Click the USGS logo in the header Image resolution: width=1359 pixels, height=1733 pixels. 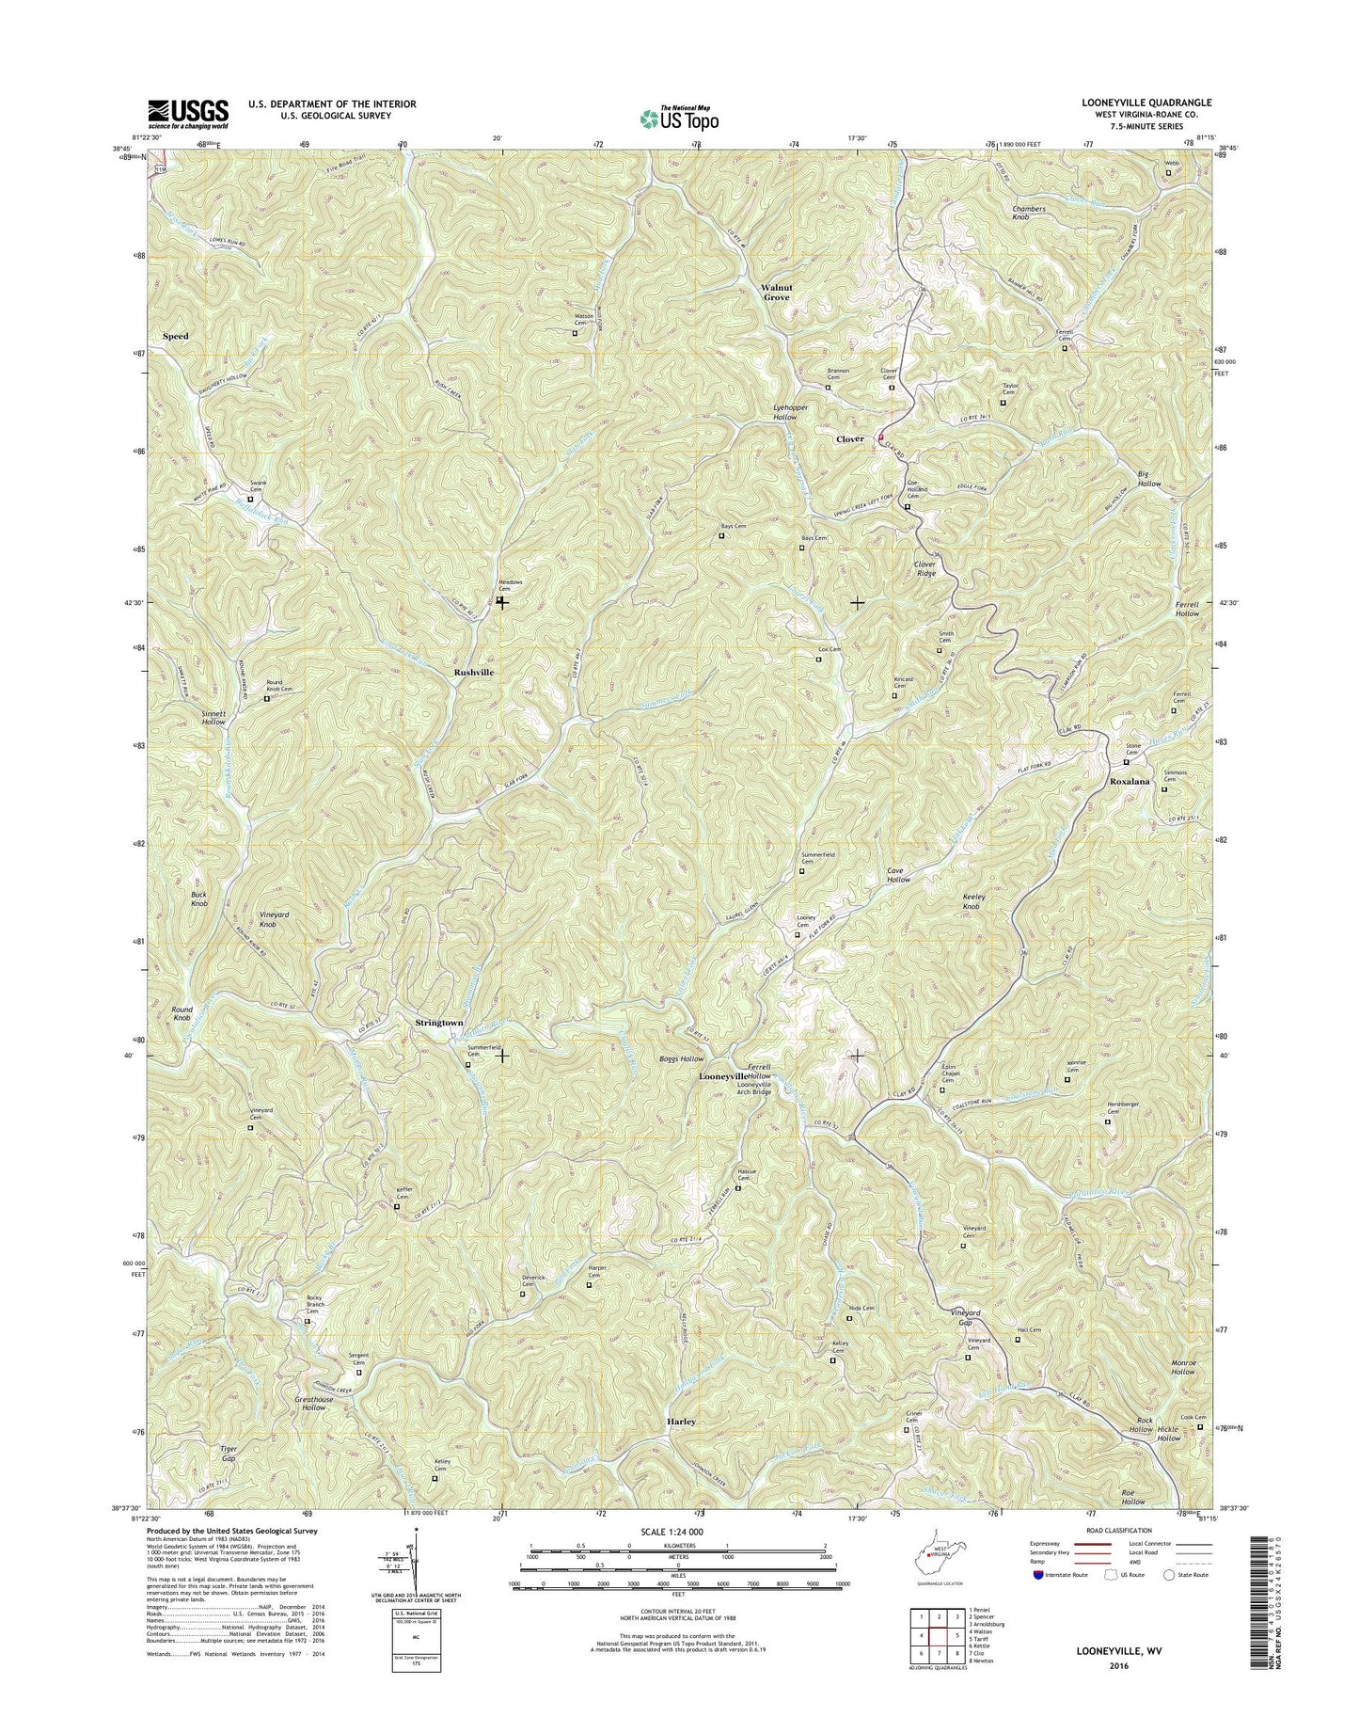coord(187,113)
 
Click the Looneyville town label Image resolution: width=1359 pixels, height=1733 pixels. coord(722,1075)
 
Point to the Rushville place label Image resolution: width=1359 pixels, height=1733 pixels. coord(474,673)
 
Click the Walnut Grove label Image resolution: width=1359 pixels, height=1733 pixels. coord(776,292)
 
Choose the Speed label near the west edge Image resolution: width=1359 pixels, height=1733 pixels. coord(175,336)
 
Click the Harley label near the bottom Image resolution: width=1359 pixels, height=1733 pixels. coord(681,1422)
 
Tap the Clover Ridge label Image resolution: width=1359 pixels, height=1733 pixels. coord(925,568)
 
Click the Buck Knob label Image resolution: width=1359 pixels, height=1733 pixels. coord(199,898)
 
